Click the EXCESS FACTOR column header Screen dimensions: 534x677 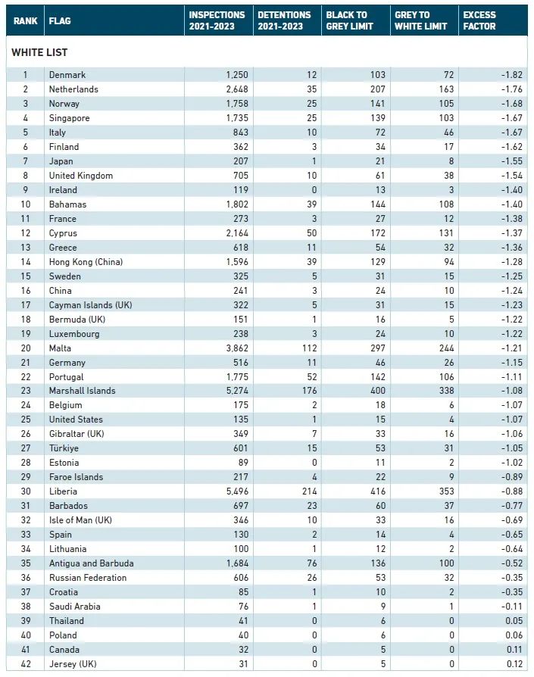(x=479, y=20)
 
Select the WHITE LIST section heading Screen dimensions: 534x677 (x=39, y=52)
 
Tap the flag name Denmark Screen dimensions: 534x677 (x=67, y=75)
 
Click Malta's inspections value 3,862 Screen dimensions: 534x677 (x=237, y=348)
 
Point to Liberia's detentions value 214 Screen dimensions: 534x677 (x=310, y=491)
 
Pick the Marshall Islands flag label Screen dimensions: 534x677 (x=82, y=391)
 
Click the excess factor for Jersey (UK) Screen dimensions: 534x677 (x=514, y=663)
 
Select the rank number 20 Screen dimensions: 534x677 (x=26, y=348)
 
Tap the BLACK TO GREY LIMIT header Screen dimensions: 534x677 (x=349, y=20)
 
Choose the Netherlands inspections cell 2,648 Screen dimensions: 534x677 (x=237, y=89)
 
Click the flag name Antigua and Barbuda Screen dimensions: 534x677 (x=91, y=563)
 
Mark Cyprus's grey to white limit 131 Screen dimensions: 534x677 (x=446, y=232)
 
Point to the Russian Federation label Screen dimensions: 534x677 (x=88, y=578)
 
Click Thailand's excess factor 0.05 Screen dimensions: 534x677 (x=514, y=620)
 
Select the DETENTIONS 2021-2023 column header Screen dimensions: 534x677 (x=284, y=20)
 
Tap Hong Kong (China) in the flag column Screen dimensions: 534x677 (x=86, y=262)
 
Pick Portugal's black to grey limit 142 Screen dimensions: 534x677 (x=378, y=376)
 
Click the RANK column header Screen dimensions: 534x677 (x=26, y=20)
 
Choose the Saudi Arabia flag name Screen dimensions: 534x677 (x=75, y=606)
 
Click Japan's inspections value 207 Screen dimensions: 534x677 (x=240, y=161)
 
